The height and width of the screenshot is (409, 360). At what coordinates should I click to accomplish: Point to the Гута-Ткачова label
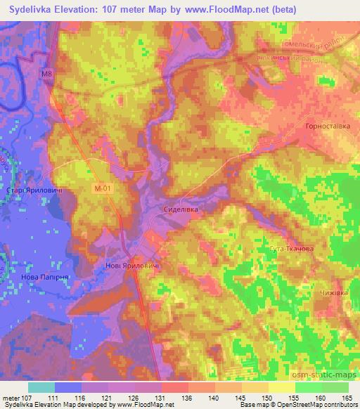289,249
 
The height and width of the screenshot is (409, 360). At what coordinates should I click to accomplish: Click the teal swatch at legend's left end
41,387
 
